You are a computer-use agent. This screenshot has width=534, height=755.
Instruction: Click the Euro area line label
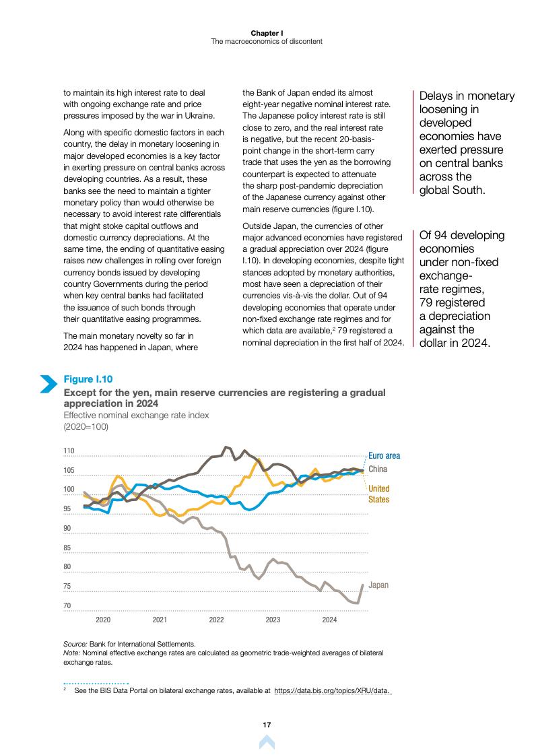(384, 456)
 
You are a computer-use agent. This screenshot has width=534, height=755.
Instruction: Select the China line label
(378, 469)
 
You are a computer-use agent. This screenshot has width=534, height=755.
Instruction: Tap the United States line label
(378, 494)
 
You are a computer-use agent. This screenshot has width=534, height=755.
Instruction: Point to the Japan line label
(378, 585)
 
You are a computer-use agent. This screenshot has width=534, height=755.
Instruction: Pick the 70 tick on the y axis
(67, 605)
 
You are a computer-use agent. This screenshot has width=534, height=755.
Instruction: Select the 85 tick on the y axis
(67, 548)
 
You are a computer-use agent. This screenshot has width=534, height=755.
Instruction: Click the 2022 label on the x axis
(216, 619)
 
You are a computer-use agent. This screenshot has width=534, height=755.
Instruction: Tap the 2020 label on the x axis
(103, 619)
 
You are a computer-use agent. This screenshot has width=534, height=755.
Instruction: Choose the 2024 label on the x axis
(329, 619)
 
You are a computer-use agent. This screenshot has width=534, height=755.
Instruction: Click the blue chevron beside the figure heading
(48, 383)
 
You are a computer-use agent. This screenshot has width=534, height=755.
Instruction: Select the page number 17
(267, 725)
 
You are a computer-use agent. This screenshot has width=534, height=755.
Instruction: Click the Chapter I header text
(267, 32)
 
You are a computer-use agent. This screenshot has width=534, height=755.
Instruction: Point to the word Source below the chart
(75, 644)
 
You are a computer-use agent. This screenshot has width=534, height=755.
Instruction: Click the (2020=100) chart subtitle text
(86, 426)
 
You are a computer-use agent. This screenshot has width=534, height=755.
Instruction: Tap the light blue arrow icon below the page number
(267, 742)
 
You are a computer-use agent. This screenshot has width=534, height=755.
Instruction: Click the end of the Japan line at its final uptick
(363, 585)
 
